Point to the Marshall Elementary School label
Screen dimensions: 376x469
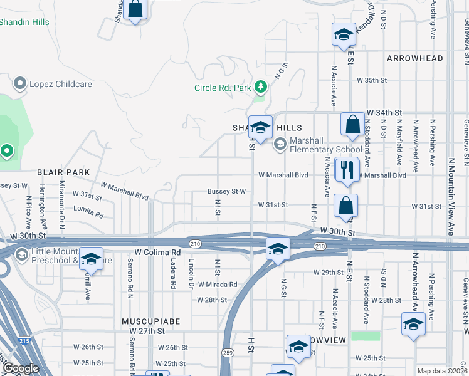click(x=326, y=145)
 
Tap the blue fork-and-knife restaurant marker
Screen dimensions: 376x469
click(x=345, y=169)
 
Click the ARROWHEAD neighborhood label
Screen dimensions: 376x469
click(x=415, y=58)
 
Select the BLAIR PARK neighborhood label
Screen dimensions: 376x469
click(x=63, y=172)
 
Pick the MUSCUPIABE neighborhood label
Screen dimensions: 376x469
click(x=150, y=321)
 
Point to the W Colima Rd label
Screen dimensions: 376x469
click(x=154, y=252)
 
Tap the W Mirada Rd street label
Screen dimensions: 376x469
click(x=218, y=284)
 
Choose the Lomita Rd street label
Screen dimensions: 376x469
click(x=88, y=212)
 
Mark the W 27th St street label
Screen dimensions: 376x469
click(x=147, y=330)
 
